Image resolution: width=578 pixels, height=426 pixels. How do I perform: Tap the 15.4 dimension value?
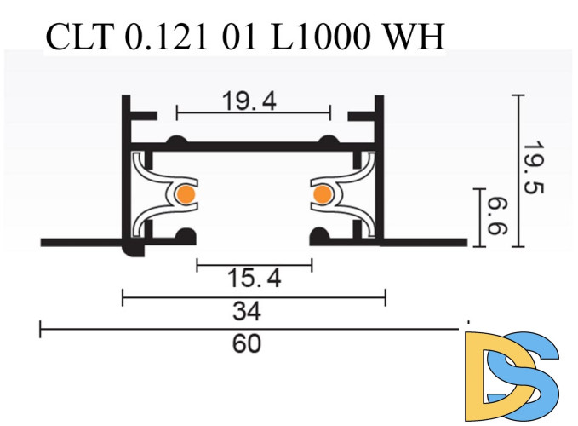tap(254, 278)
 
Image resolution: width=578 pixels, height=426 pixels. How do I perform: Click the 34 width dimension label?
tap(254, 312)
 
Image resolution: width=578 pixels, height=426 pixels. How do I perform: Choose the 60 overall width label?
tap(247, 344)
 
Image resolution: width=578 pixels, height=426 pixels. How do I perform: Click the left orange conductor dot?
tap(185, 195)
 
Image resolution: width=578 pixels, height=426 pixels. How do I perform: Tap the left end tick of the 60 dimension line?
tap(40, 328)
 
